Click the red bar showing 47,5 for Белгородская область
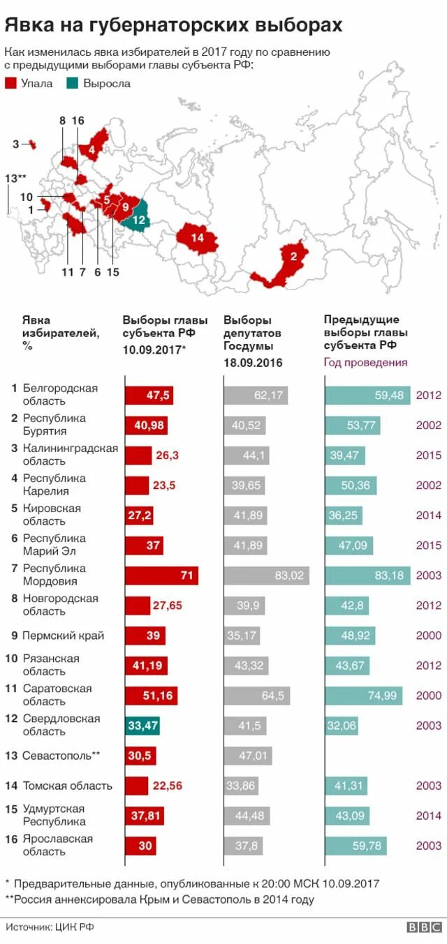149,396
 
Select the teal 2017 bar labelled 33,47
144,726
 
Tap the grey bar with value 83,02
266,576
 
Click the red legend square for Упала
10,84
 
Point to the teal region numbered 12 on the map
138,218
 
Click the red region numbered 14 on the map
197,237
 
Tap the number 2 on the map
294,256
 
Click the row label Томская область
67,786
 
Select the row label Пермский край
63,636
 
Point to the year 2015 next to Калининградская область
428,456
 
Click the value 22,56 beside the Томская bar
167,786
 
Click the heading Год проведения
365,363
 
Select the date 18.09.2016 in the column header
253,363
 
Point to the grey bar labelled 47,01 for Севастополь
248,756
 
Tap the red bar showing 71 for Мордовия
161,576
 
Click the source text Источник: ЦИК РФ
50,927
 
